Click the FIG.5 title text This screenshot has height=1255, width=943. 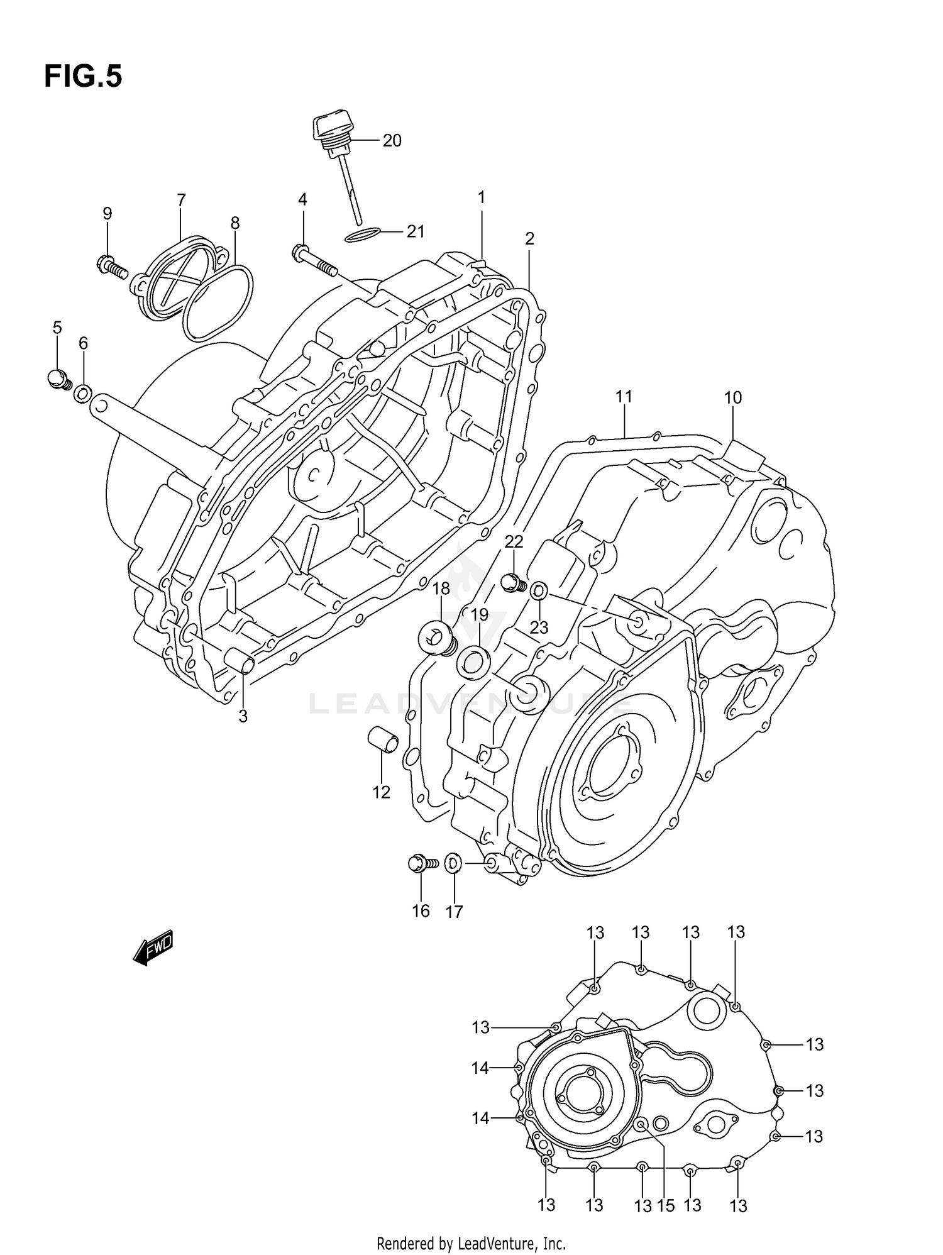pos(83,77)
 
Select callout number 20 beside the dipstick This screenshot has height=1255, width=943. pos(392,141)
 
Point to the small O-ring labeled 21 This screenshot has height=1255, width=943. pos(363,236)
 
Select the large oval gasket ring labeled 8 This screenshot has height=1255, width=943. pos(218,301)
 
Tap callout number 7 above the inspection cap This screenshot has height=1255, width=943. pos(181,201)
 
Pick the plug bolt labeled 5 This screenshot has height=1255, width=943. pos(58,379)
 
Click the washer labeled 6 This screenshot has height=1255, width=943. pos(82,394)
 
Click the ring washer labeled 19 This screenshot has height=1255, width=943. pos(475,663)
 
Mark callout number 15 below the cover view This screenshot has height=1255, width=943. pos(665,1205)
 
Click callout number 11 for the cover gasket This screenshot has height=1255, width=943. pos(624,397)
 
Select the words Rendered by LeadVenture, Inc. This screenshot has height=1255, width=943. pos(471,1243)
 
